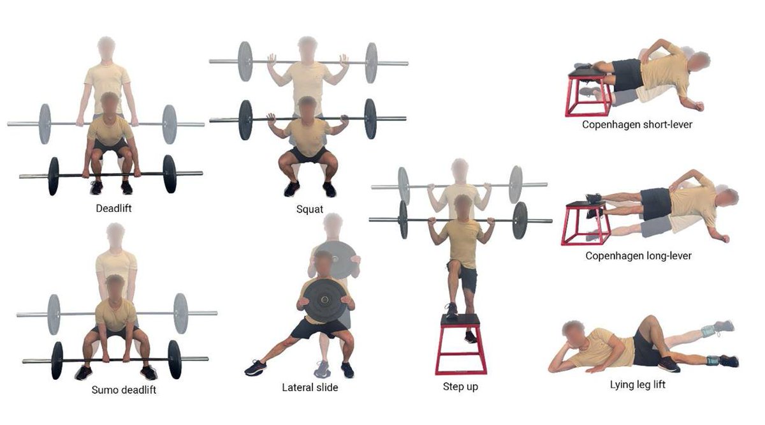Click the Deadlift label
coord(113,208)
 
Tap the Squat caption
coord(309,209)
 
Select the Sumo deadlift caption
coord(124,390)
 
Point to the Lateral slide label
coord(310,387)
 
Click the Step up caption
coord(460,387)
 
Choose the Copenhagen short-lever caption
coord(637,124)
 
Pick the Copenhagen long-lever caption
coord(638,256)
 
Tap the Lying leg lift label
coord(637,385)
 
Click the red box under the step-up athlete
coord(461,345)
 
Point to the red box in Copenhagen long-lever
coord(585,224)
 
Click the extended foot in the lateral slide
coord(256,368)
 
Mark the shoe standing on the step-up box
coord(451,311)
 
